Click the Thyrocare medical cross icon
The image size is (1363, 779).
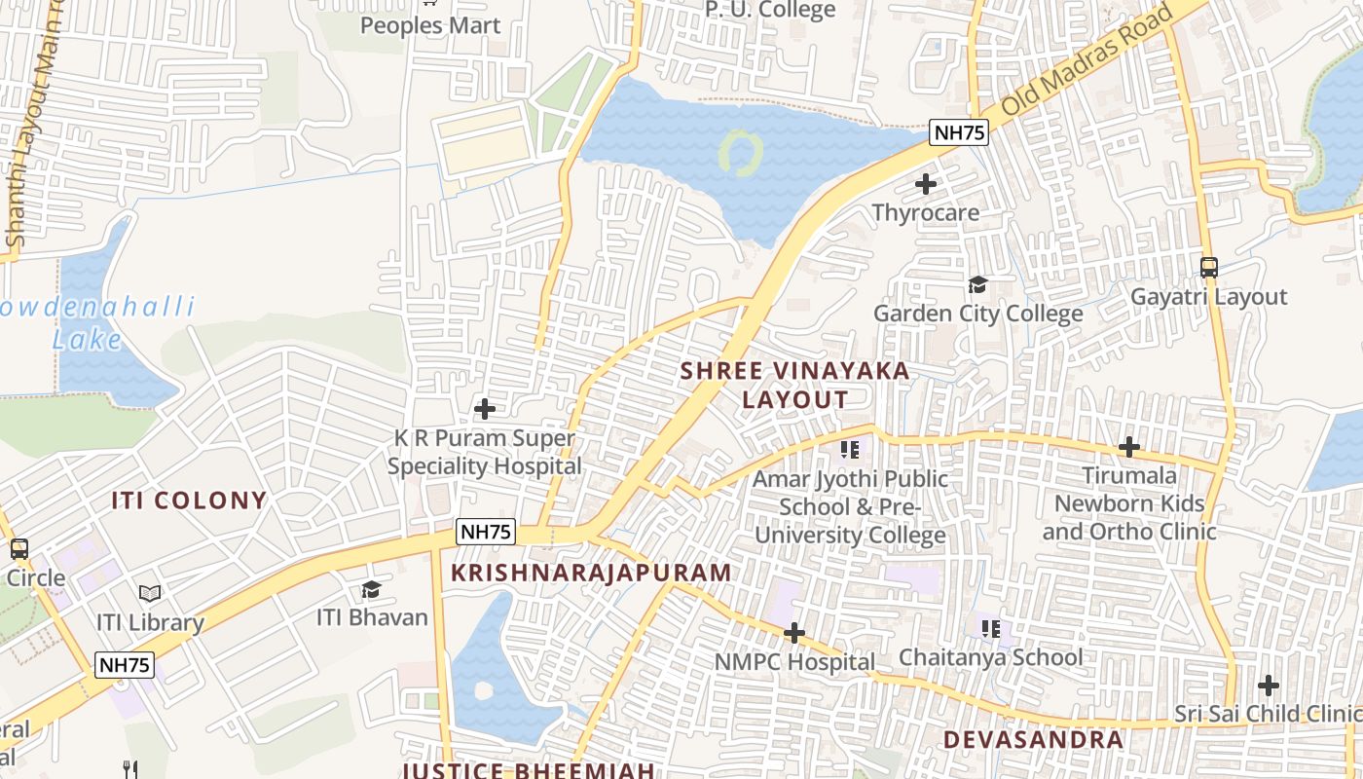[926, 183]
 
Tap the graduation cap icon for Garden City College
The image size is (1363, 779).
[977, 284]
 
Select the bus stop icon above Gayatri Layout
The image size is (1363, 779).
[1209, 267]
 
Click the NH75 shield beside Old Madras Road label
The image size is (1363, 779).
[959, 132]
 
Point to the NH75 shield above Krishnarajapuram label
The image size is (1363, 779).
[485, 532]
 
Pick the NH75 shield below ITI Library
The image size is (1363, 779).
[125, 665]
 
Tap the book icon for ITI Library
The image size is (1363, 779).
[149, 593]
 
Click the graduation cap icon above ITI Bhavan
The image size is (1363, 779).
[371, 589]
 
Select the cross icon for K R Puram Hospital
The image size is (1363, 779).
[484, 409]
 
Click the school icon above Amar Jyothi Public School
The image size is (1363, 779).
[850, 449]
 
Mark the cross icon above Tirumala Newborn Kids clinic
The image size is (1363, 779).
[1129, 447]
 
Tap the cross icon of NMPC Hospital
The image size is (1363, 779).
[794, 633]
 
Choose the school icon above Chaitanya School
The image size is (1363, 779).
[991, 628]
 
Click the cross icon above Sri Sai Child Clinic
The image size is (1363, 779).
[1269, 685]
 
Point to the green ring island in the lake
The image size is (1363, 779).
[741, 154]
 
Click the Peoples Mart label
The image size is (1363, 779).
[430, 25]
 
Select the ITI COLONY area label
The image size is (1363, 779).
[189, 501]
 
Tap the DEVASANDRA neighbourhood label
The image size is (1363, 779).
[1033, 739]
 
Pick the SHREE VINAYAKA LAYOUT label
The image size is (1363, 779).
[794, 385]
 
